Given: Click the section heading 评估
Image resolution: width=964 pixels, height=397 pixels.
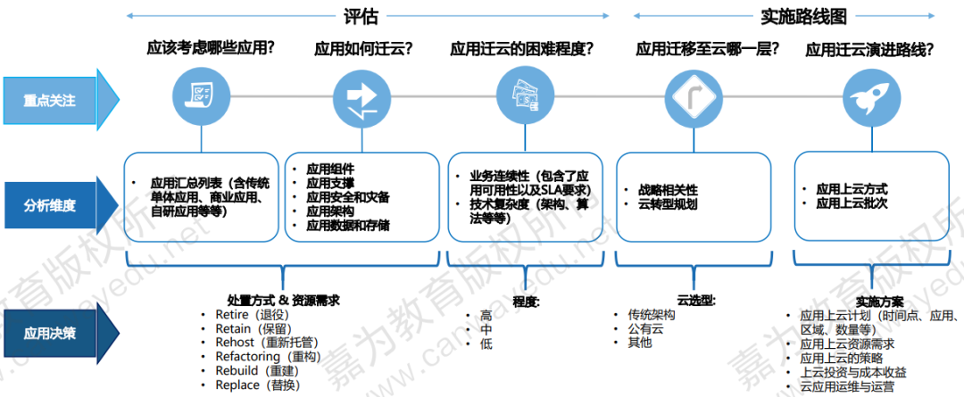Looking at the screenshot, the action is tap(361, 17).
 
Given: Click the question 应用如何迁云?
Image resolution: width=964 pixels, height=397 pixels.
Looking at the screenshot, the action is tap(363, 49).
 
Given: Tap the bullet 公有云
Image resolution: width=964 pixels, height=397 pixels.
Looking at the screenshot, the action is tap(644, 329).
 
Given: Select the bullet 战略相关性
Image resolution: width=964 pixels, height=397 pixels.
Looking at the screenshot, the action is tap(668, 190).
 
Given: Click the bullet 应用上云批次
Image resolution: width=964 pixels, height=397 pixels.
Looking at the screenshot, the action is tap(852, 204).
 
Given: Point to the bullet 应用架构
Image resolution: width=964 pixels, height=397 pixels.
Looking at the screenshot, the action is tap(329, 211).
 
